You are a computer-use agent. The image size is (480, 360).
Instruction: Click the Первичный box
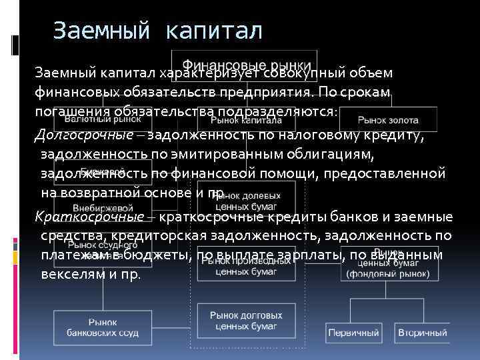coord(353,332)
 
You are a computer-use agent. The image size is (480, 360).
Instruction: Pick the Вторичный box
coord(423,332)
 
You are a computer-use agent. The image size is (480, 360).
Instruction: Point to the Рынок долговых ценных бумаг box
coord(245,321)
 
